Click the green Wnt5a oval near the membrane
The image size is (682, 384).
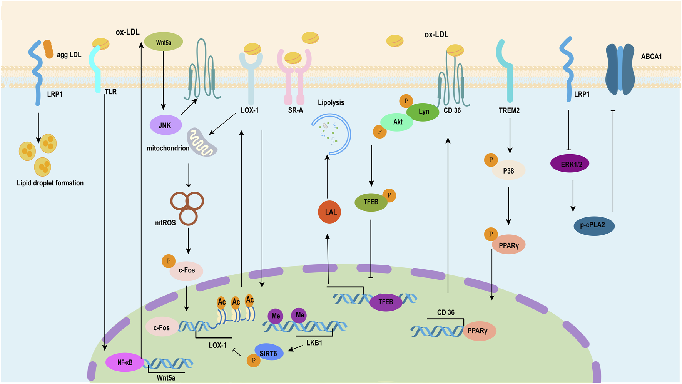click(163, 42)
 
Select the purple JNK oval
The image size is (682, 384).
click(165, 125)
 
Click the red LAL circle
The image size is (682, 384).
click(329, 212)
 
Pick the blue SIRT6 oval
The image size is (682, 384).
click(269, 352)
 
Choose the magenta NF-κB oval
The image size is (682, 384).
click(125, 362)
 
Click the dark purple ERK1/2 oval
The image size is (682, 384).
click(570, 164)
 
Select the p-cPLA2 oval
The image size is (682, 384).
click(594, 225)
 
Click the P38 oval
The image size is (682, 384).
click(508, 170)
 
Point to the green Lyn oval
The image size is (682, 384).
click(423, 112)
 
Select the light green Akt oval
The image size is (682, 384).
click(397, 122)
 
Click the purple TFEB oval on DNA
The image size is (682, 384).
click(386, 302)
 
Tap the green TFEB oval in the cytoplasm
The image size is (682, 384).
click(371, 202)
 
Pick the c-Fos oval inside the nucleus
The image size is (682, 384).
click(162, 327)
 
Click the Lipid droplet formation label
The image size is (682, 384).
click(50, 183)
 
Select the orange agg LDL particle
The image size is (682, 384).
click(48, 49)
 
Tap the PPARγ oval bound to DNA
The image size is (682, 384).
click(479, 331)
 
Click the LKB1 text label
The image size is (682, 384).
click(314, 342)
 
